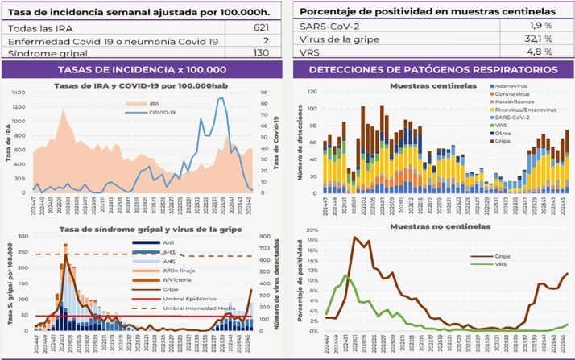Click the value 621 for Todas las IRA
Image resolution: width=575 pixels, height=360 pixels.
pos(259,27)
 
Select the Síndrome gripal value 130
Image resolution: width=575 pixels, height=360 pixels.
pos(259,52)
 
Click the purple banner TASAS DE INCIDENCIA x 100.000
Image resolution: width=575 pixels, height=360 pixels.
pos(143,70)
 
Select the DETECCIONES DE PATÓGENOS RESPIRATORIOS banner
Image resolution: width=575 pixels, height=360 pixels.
pos(432,70)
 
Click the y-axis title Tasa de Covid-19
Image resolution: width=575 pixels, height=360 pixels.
pos(275,142)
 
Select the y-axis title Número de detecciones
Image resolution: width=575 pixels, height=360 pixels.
pos(304,142)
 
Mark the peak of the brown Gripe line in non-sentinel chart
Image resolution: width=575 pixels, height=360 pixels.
pos(354,237)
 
